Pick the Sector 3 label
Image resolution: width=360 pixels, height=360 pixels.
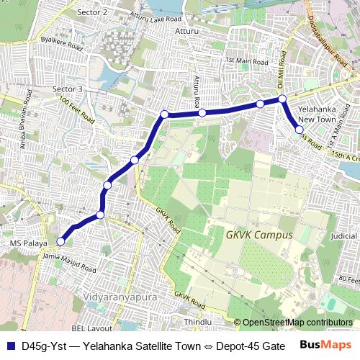pos(68,89)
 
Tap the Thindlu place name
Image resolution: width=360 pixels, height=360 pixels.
pos(198,322)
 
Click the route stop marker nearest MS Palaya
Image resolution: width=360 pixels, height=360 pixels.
pos(60,242)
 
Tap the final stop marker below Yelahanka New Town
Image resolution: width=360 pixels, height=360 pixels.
pos(300,130)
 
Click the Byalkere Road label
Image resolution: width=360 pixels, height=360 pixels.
pos(62,45)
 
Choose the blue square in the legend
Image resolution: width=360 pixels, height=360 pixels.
pos(10,346)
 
